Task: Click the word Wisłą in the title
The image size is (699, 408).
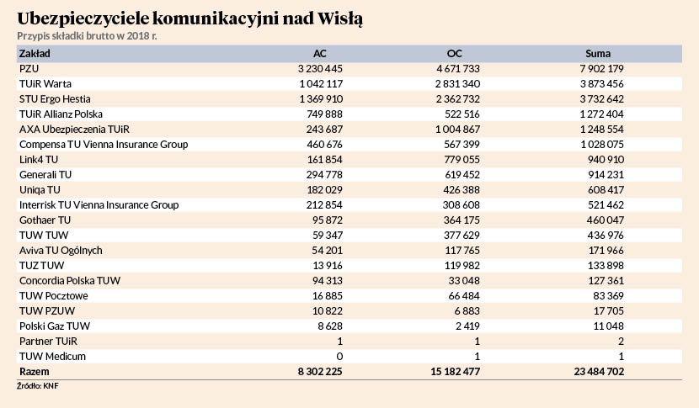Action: coord(339,19)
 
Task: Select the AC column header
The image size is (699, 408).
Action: coord(320,54)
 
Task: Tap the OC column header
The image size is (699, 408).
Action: coord(454,54)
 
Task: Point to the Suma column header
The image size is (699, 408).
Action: coord(598,54)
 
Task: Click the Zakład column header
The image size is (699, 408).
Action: coord(35,54)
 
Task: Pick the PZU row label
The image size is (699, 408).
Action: coord(29,69)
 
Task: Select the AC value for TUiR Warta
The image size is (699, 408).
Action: coord(321,84)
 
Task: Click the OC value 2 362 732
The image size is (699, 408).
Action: coord(458,99)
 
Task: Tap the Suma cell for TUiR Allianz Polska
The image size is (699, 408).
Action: coord(602,114)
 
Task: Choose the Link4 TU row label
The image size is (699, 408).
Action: coord(39,160)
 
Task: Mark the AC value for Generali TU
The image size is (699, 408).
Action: coord(324,175)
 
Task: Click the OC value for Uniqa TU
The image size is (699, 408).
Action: coord(462,190)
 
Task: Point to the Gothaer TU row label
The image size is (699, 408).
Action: coord(45,220)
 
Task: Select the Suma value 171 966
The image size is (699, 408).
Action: coord(606,251)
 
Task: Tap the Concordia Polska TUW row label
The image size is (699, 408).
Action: coord(70,281)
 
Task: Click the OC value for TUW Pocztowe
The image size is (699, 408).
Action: coord(465,296)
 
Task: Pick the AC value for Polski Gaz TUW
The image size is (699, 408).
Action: coord(330,326)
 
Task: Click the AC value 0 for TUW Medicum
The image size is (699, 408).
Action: coord(339,357)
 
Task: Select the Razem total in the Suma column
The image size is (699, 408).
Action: coord(599,372)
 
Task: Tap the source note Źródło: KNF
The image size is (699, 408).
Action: coord(37,386)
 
